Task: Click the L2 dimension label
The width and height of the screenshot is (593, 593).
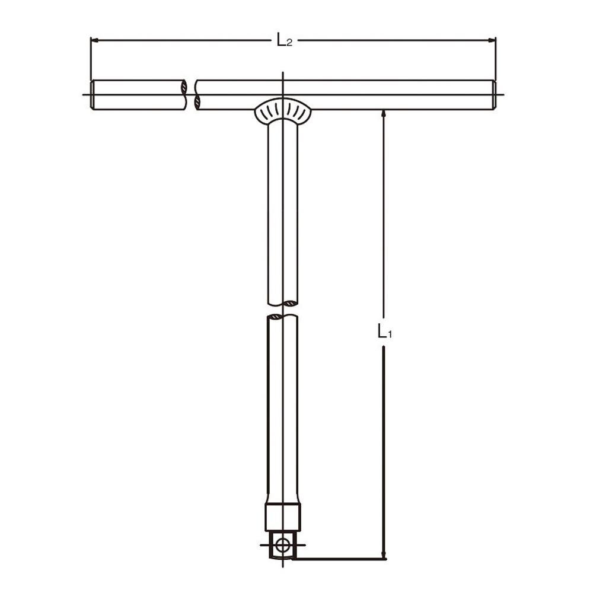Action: click(285, 40)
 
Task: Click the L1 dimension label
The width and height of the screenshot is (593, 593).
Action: click(385, 331)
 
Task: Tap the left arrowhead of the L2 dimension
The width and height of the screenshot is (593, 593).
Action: click(94, 40)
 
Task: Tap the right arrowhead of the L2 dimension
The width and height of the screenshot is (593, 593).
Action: click(492, 40)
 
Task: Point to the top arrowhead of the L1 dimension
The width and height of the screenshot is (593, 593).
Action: click(384, 113)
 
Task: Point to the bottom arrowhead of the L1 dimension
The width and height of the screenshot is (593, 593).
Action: click(384, 554)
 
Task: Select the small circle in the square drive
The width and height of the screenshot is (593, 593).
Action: click(282, 545)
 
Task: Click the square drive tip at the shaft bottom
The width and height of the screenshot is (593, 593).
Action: click(282, 544)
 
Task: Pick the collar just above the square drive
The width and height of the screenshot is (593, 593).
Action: click(283, 517)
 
